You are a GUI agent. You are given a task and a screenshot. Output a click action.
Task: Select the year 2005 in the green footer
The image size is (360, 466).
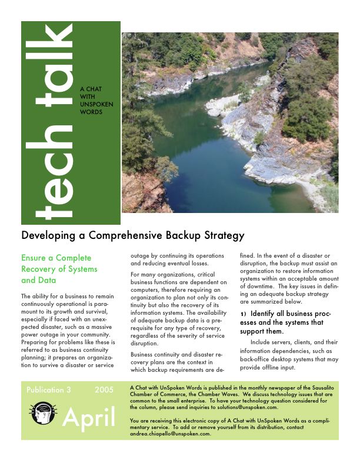coord(104,390)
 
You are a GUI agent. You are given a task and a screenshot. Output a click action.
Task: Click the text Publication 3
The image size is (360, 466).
coord(48,390)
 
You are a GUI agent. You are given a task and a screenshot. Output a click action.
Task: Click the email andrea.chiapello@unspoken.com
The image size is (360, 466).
coord(170,434)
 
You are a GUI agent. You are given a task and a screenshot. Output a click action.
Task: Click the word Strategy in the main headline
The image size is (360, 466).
coord(222,236)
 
